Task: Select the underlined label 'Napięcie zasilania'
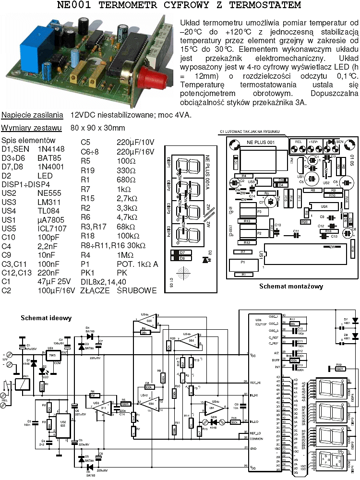click(x=32, y=115)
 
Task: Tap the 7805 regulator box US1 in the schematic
click(x=51, y=356)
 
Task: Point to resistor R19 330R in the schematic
click(x=340, y=369)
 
